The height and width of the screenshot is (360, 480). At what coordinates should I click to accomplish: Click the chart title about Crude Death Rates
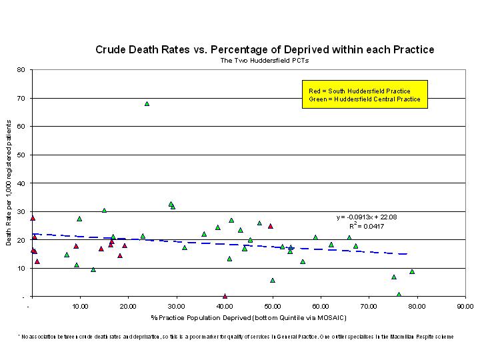coord(265,50)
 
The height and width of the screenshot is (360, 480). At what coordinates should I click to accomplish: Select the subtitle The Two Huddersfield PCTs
coord(265,61)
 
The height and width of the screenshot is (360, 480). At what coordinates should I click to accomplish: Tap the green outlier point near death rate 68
coord(147,103)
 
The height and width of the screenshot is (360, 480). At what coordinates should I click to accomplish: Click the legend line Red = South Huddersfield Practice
coord(359,91)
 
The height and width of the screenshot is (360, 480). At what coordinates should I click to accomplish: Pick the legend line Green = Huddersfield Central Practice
coord(365,99)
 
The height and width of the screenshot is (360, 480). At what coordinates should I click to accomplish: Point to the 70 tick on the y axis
coord(21,98)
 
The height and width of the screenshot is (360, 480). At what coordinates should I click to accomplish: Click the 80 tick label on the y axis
coord(21,69)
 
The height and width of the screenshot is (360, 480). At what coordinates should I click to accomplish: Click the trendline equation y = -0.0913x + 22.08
coord(367,217)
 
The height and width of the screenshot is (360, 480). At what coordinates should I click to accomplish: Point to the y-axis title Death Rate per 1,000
coord(9,183)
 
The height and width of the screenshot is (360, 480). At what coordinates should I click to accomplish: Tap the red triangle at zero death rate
coord(225,296)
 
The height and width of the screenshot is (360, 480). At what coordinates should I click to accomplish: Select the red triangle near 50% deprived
coord(270,226)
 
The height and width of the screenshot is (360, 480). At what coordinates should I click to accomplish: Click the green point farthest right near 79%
coord(412,271)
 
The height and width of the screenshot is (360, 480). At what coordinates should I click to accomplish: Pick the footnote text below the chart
coord(235,337)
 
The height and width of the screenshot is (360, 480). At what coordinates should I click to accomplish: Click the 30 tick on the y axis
coord(21,211)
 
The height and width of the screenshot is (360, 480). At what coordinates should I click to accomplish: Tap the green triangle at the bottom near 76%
coord(399,295)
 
